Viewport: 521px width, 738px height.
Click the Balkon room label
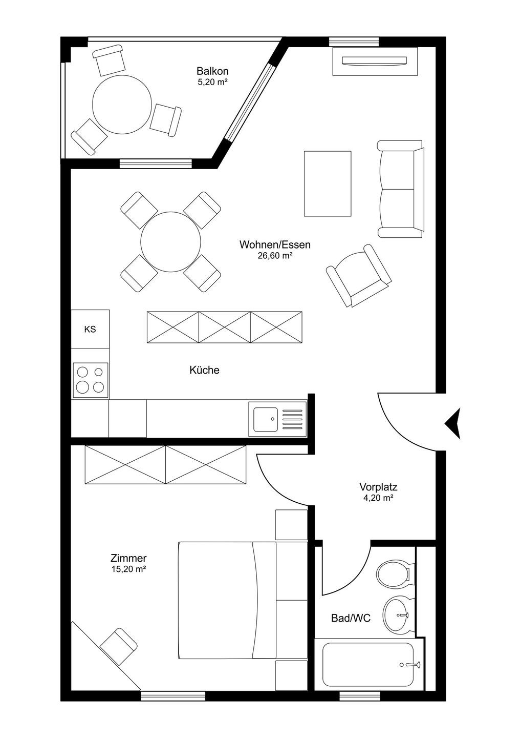[x=212, y=71]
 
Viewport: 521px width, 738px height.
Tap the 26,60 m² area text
[x=275, y=256]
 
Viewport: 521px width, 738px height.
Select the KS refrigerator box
[x=90, y=329]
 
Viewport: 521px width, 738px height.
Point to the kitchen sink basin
[x=265, y=419]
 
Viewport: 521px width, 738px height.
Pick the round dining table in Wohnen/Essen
[x=171, y=242]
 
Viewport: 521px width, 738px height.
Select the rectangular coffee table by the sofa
[x=328, y=183]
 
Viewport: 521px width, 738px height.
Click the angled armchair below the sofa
[x=359, y=276]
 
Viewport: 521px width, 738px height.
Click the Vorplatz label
[x=378, y=487]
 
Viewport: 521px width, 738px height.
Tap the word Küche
[x=204, y=370]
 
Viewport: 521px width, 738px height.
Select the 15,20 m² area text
[x=128, y=569]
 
